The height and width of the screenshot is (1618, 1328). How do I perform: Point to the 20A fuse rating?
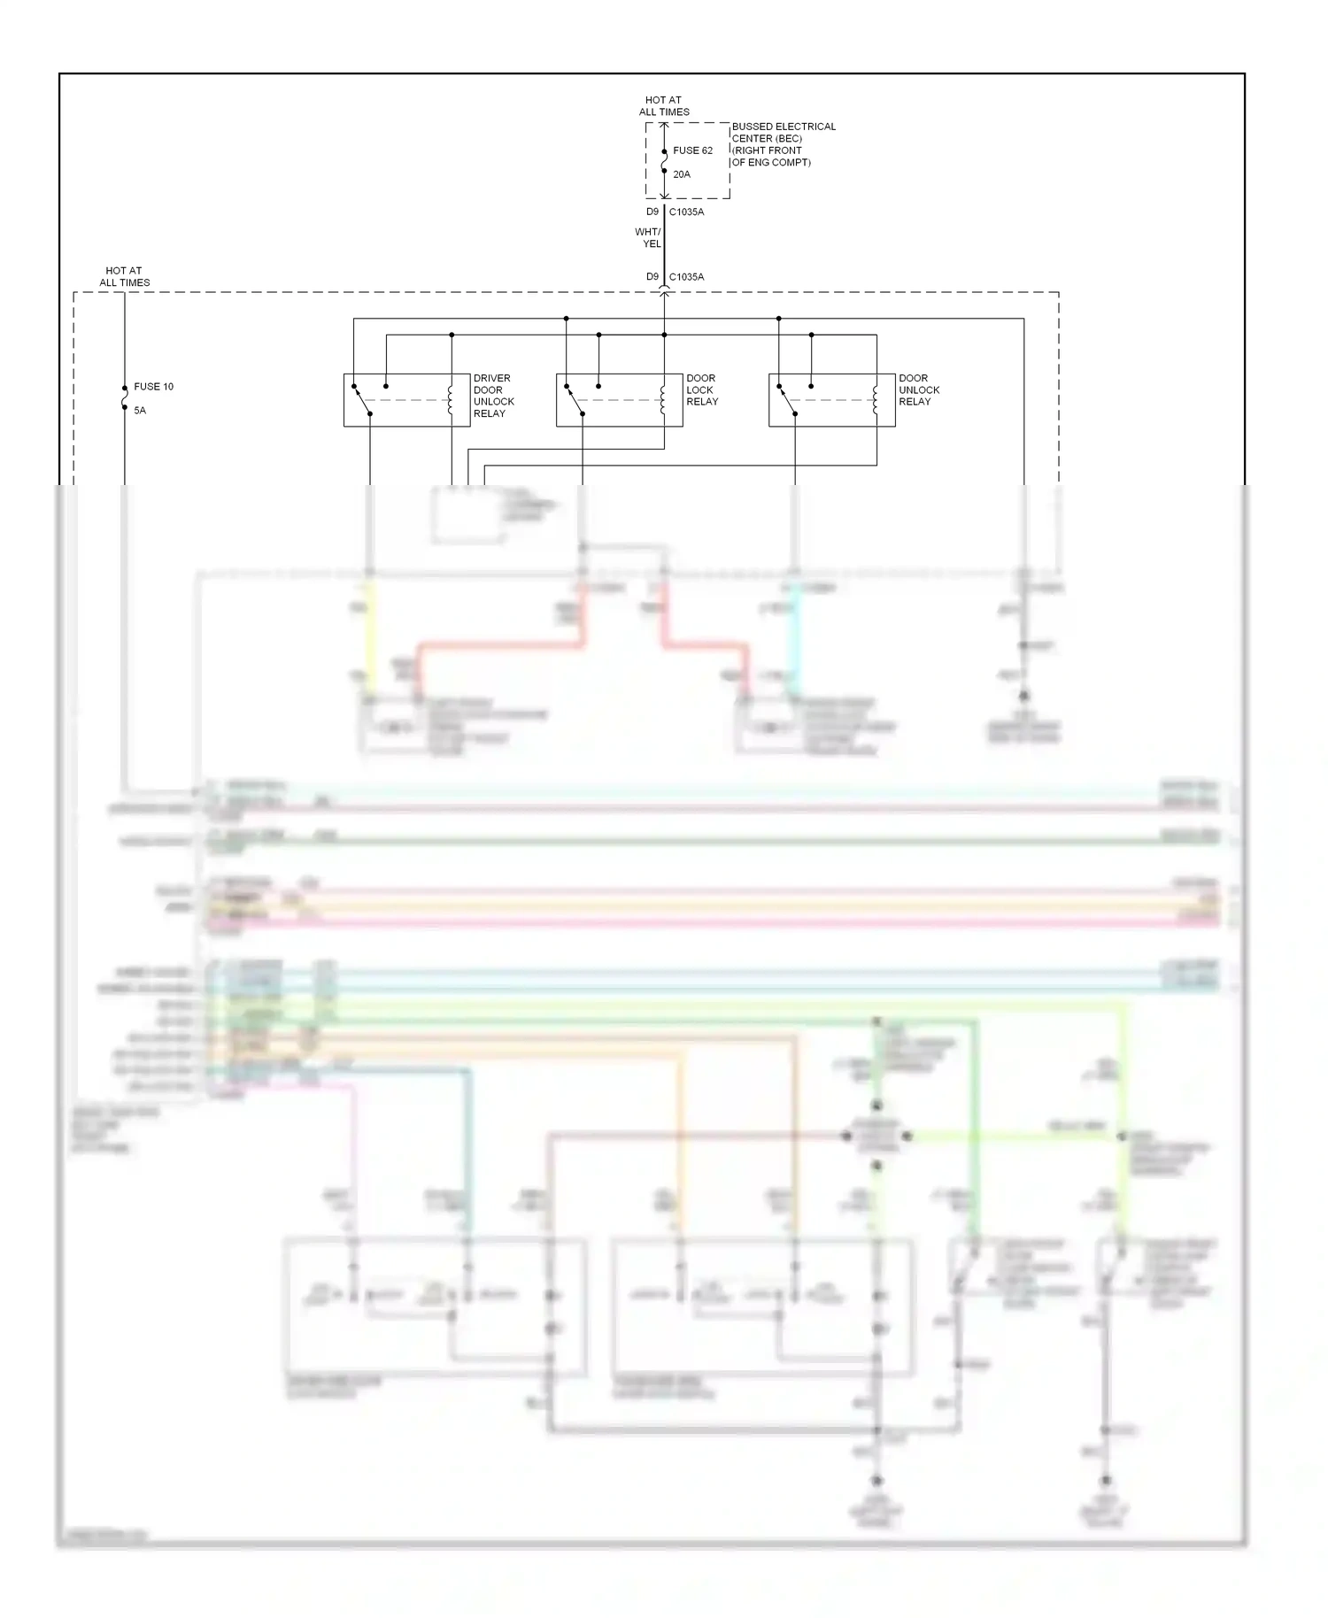click(x=682, y=174)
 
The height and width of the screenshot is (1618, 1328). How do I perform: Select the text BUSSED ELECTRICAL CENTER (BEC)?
click(x=784, y=133)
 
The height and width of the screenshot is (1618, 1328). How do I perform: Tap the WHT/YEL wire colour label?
click(x=648, y=238)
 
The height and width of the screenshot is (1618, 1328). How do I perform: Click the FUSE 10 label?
click(x=153, y=387)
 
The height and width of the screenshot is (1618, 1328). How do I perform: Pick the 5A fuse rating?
click(x=140, y=411)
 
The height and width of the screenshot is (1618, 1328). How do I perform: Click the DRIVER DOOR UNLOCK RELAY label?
click(x=493, y=396)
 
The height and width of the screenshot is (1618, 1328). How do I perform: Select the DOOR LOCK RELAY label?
click(x=702, y=389)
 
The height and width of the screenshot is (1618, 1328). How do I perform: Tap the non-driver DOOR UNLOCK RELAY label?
click(x=918, y=389)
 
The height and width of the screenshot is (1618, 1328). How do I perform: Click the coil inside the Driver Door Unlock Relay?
click(x=451, y=400)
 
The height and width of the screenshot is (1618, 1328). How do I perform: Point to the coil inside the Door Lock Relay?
click(x=663, y=400)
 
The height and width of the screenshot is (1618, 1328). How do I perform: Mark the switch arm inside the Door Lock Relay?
click(x=575, y=400)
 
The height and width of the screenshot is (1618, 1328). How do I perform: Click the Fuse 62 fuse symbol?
click(x=664, y=161)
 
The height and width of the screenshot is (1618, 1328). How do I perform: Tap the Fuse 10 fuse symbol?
click(x=124, y=397)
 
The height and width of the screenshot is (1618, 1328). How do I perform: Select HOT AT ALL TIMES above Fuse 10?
click(x=124, y=277)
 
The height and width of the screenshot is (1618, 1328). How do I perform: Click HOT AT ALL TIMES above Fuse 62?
click(x=664, y=106)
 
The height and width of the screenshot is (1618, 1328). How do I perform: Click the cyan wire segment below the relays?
click(x=795, y=637)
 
